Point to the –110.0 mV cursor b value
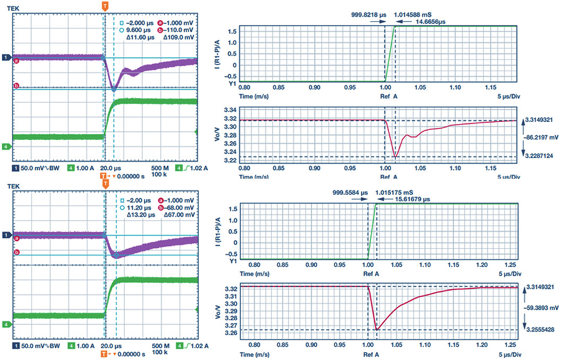[175, 29]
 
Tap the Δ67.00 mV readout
[175, 217]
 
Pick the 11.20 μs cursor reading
[138, 209]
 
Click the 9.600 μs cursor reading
[138, 29]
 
